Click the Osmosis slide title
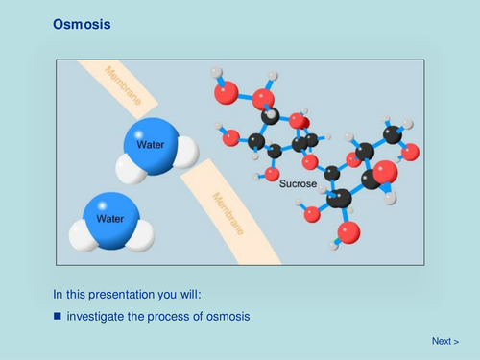(82, 24)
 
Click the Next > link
(444, 341)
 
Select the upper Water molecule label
(151, 145)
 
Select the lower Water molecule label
(110, 218)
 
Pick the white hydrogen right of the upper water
(185, 151)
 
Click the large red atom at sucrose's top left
(226, 92)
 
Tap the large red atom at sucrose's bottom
(349, 231)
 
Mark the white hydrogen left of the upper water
(130, 169)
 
